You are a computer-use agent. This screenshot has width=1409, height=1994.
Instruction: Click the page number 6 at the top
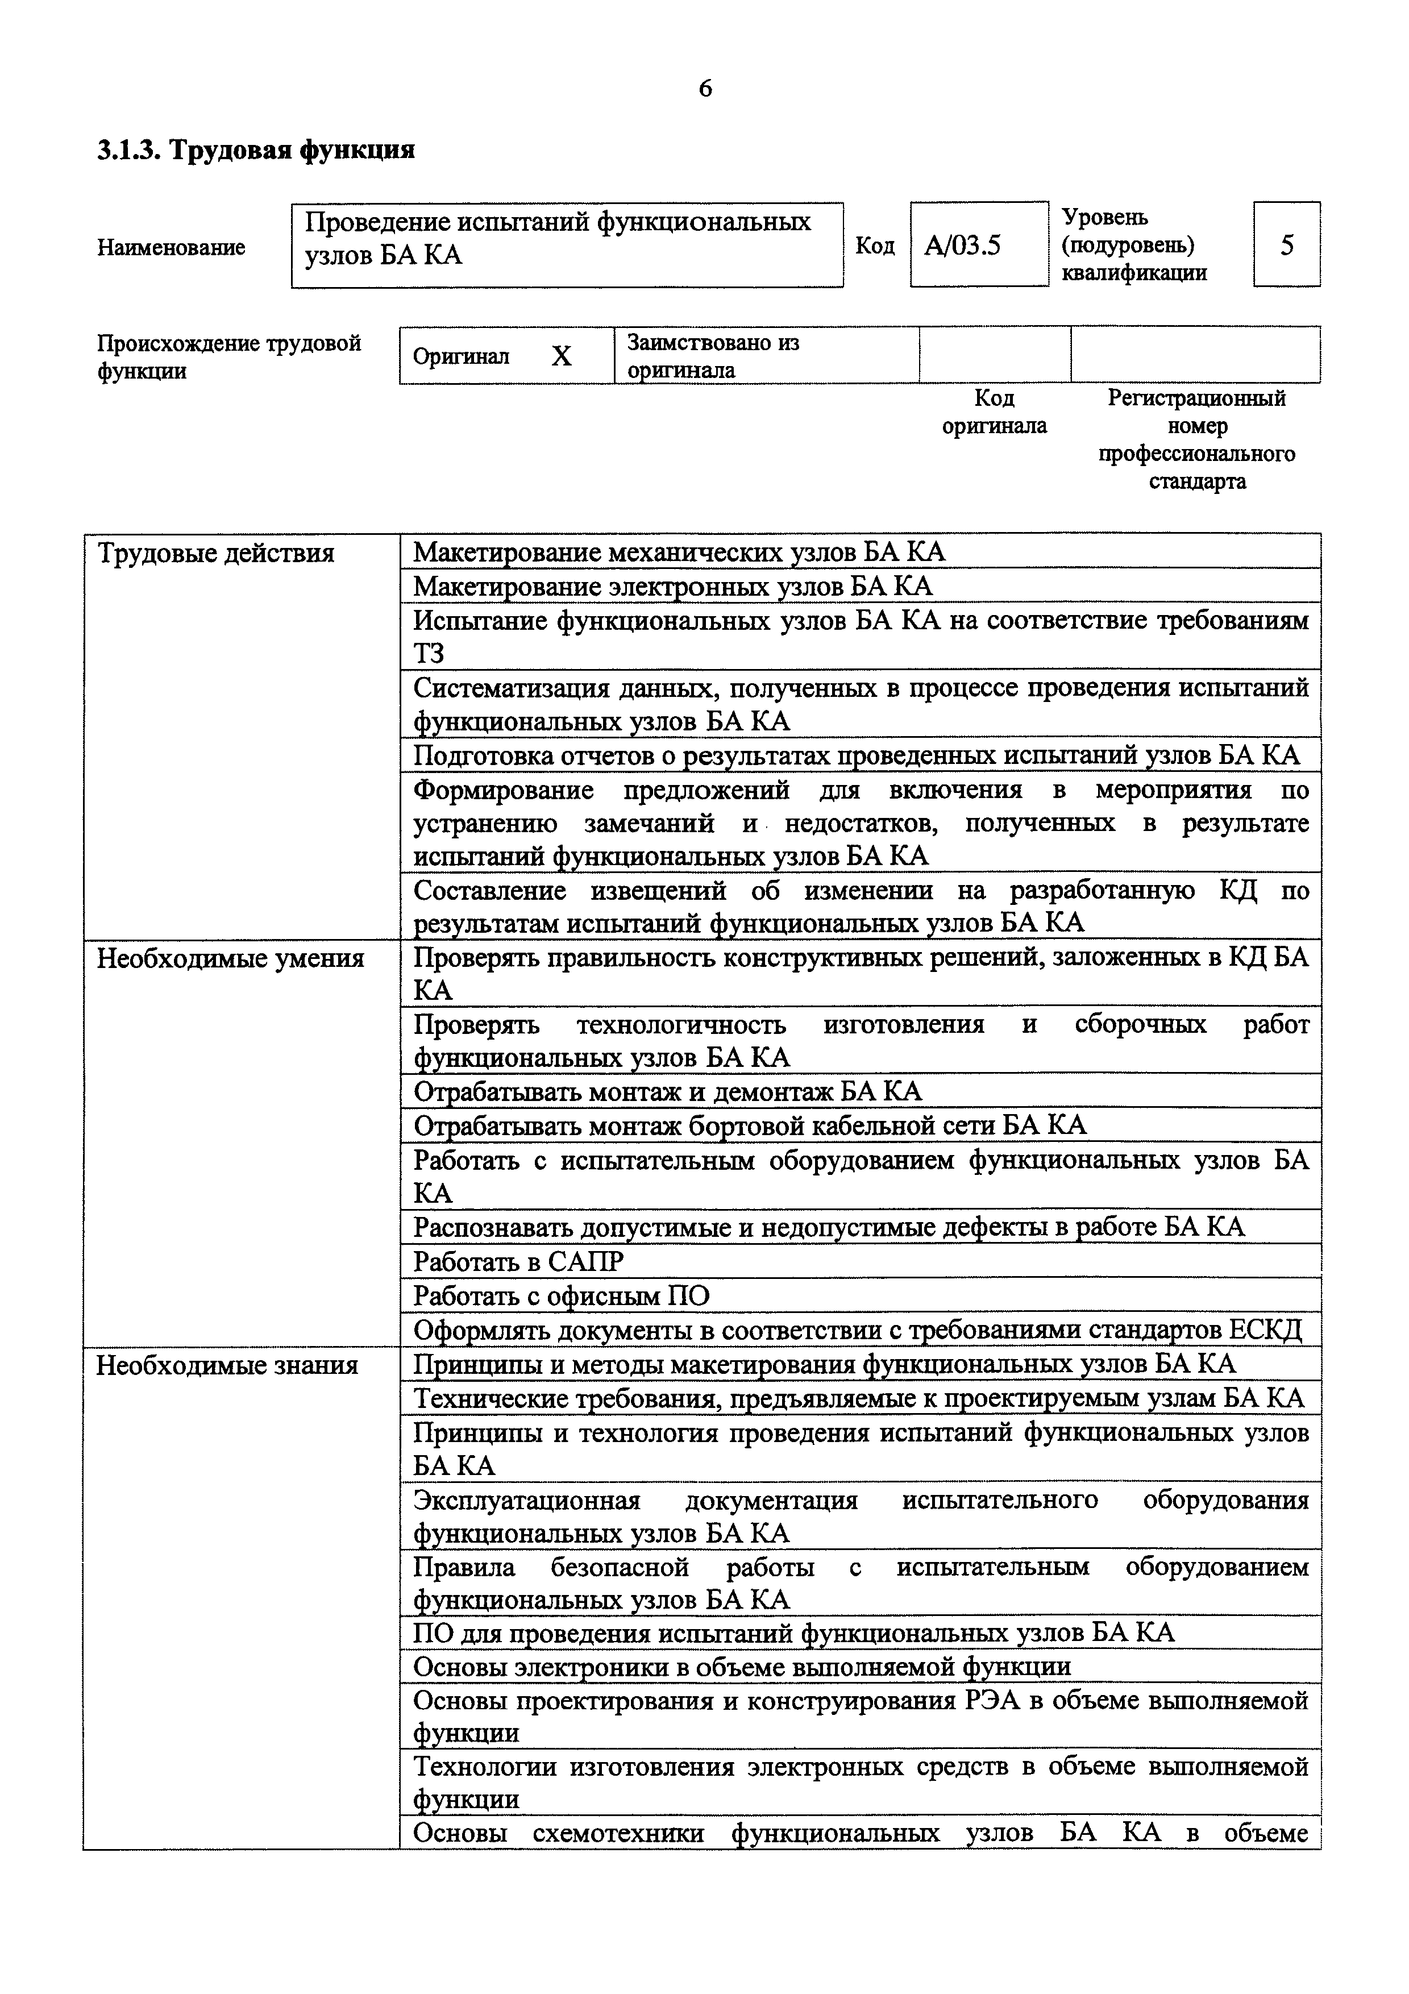[x=705, y=89]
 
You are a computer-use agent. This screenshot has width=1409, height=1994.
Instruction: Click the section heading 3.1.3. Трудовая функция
[x=256, y=150]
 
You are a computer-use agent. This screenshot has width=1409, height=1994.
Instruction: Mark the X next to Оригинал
[x=562, y=356]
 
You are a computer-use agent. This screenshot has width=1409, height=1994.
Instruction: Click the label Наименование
[x=171, y=247]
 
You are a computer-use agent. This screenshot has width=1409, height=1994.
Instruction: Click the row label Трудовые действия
[x=215, y=553]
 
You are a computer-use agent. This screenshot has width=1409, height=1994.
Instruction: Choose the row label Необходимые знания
[x=227, y=1365]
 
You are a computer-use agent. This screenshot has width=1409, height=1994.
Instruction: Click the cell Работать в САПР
[x=518, y=1261]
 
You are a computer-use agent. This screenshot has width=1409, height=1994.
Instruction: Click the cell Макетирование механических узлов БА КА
[x=679, y=552]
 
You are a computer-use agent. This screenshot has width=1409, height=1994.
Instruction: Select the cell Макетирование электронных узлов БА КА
[x=673, y=586]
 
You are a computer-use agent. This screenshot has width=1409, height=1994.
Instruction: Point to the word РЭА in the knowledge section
[x=991, y=1701]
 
